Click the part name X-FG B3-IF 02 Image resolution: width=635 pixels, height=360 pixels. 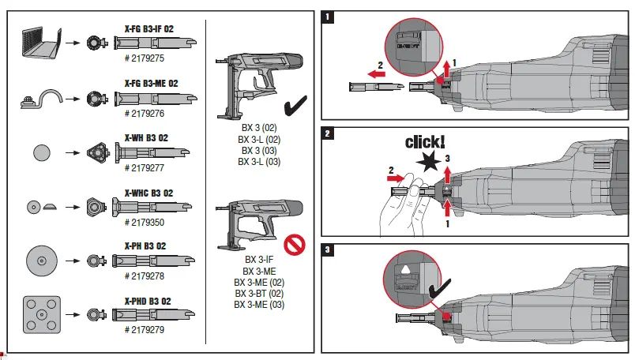click(149, 29)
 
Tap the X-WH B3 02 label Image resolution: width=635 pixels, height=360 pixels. click(146, 137)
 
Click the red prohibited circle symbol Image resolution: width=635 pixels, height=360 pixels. click(295, 245)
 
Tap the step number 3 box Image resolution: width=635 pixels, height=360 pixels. click(328, 251)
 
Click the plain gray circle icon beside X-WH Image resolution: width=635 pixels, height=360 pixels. click(41, 152)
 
